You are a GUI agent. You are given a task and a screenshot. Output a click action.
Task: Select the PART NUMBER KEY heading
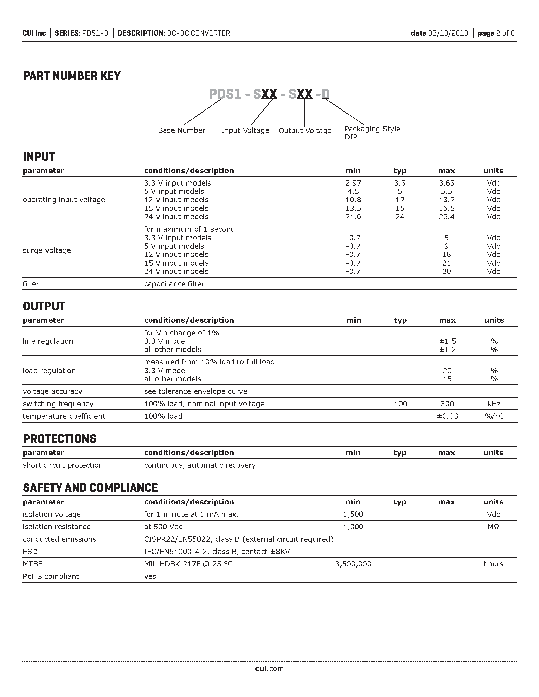72,76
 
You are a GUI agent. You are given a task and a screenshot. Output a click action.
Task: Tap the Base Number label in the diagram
181,130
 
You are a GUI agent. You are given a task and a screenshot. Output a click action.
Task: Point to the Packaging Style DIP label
372,133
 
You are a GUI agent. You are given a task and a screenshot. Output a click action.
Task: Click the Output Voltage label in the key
305,131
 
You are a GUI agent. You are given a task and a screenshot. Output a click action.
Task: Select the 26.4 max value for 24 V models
446,217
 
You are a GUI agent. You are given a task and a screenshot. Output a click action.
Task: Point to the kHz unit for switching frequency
494,404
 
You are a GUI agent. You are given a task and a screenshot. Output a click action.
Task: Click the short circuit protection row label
63,465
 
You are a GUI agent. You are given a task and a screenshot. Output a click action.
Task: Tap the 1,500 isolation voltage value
353,514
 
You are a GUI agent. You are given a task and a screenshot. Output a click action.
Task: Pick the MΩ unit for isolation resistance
493,527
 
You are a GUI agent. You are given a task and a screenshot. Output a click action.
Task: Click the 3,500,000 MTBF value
353,564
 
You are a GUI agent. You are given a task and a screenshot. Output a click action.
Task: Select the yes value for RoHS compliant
150,576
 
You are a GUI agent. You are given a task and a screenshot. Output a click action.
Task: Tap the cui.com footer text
269,669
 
